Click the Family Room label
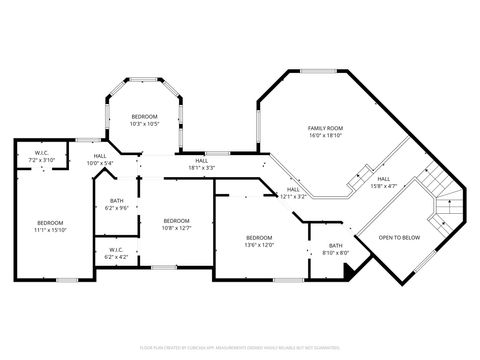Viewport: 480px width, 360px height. [325, 129]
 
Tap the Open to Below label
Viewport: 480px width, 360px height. [398, 237]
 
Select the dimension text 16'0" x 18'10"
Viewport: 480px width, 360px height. [325, 136]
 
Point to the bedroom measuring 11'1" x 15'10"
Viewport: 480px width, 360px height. [50, 225]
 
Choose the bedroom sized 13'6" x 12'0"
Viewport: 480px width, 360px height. [259, 241]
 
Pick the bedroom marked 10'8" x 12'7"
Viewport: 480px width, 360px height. [177, 223]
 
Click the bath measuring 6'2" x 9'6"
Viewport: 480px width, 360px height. [117, 204]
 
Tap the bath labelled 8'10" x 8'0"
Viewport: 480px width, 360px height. [336, 248]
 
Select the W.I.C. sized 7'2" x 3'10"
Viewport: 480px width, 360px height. [42, 156]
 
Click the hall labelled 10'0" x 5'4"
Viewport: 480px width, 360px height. [100, 159]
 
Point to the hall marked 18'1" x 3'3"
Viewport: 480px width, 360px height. [202, 164]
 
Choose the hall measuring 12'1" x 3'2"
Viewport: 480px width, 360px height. [293, 192]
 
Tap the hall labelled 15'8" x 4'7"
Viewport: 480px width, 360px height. [384, 182]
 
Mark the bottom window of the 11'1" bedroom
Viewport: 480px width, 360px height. [66, 280]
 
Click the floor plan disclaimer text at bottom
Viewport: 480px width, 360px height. [240, 347]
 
